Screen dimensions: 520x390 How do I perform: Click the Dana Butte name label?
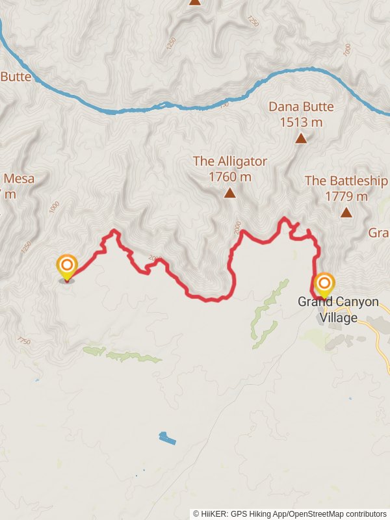click(301, 107)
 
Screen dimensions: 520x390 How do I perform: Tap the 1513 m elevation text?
click(301, 122)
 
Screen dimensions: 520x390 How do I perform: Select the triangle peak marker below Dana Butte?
click(301, 138)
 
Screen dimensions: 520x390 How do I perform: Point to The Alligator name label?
click(229, 161)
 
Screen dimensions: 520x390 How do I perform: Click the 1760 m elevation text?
click(229, 176)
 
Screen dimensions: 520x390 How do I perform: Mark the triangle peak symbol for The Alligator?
click(229, 193)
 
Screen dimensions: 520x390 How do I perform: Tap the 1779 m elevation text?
click(346, 196)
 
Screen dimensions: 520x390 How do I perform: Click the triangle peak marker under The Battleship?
click(346, 212)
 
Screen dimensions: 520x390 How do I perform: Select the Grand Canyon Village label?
click(338, 310)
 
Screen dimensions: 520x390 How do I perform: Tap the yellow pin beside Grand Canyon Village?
click(324, 285)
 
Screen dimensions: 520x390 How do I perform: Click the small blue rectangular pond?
click(167, 438)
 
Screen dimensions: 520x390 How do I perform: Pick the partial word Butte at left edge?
click(16, 77)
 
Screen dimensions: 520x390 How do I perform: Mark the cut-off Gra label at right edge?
click(378, 233)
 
